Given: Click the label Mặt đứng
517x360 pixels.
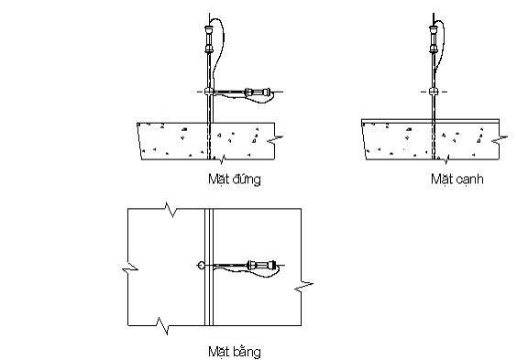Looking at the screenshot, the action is [235, 180].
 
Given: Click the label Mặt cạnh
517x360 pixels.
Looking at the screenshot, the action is [457, 180].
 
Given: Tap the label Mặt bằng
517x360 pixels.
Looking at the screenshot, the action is [235, 352].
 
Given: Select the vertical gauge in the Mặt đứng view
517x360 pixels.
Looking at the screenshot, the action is [209, 39].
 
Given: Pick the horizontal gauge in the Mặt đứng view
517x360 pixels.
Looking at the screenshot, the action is [258, 93].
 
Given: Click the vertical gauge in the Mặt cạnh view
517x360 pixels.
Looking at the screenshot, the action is [434, 39].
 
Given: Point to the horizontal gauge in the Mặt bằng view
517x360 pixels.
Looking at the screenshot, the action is [262, 265].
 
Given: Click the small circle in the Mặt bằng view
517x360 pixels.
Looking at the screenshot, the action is [201, 265].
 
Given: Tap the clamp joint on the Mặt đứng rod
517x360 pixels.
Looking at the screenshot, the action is [209, 92].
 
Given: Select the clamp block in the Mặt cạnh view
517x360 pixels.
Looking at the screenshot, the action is [434, 92].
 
